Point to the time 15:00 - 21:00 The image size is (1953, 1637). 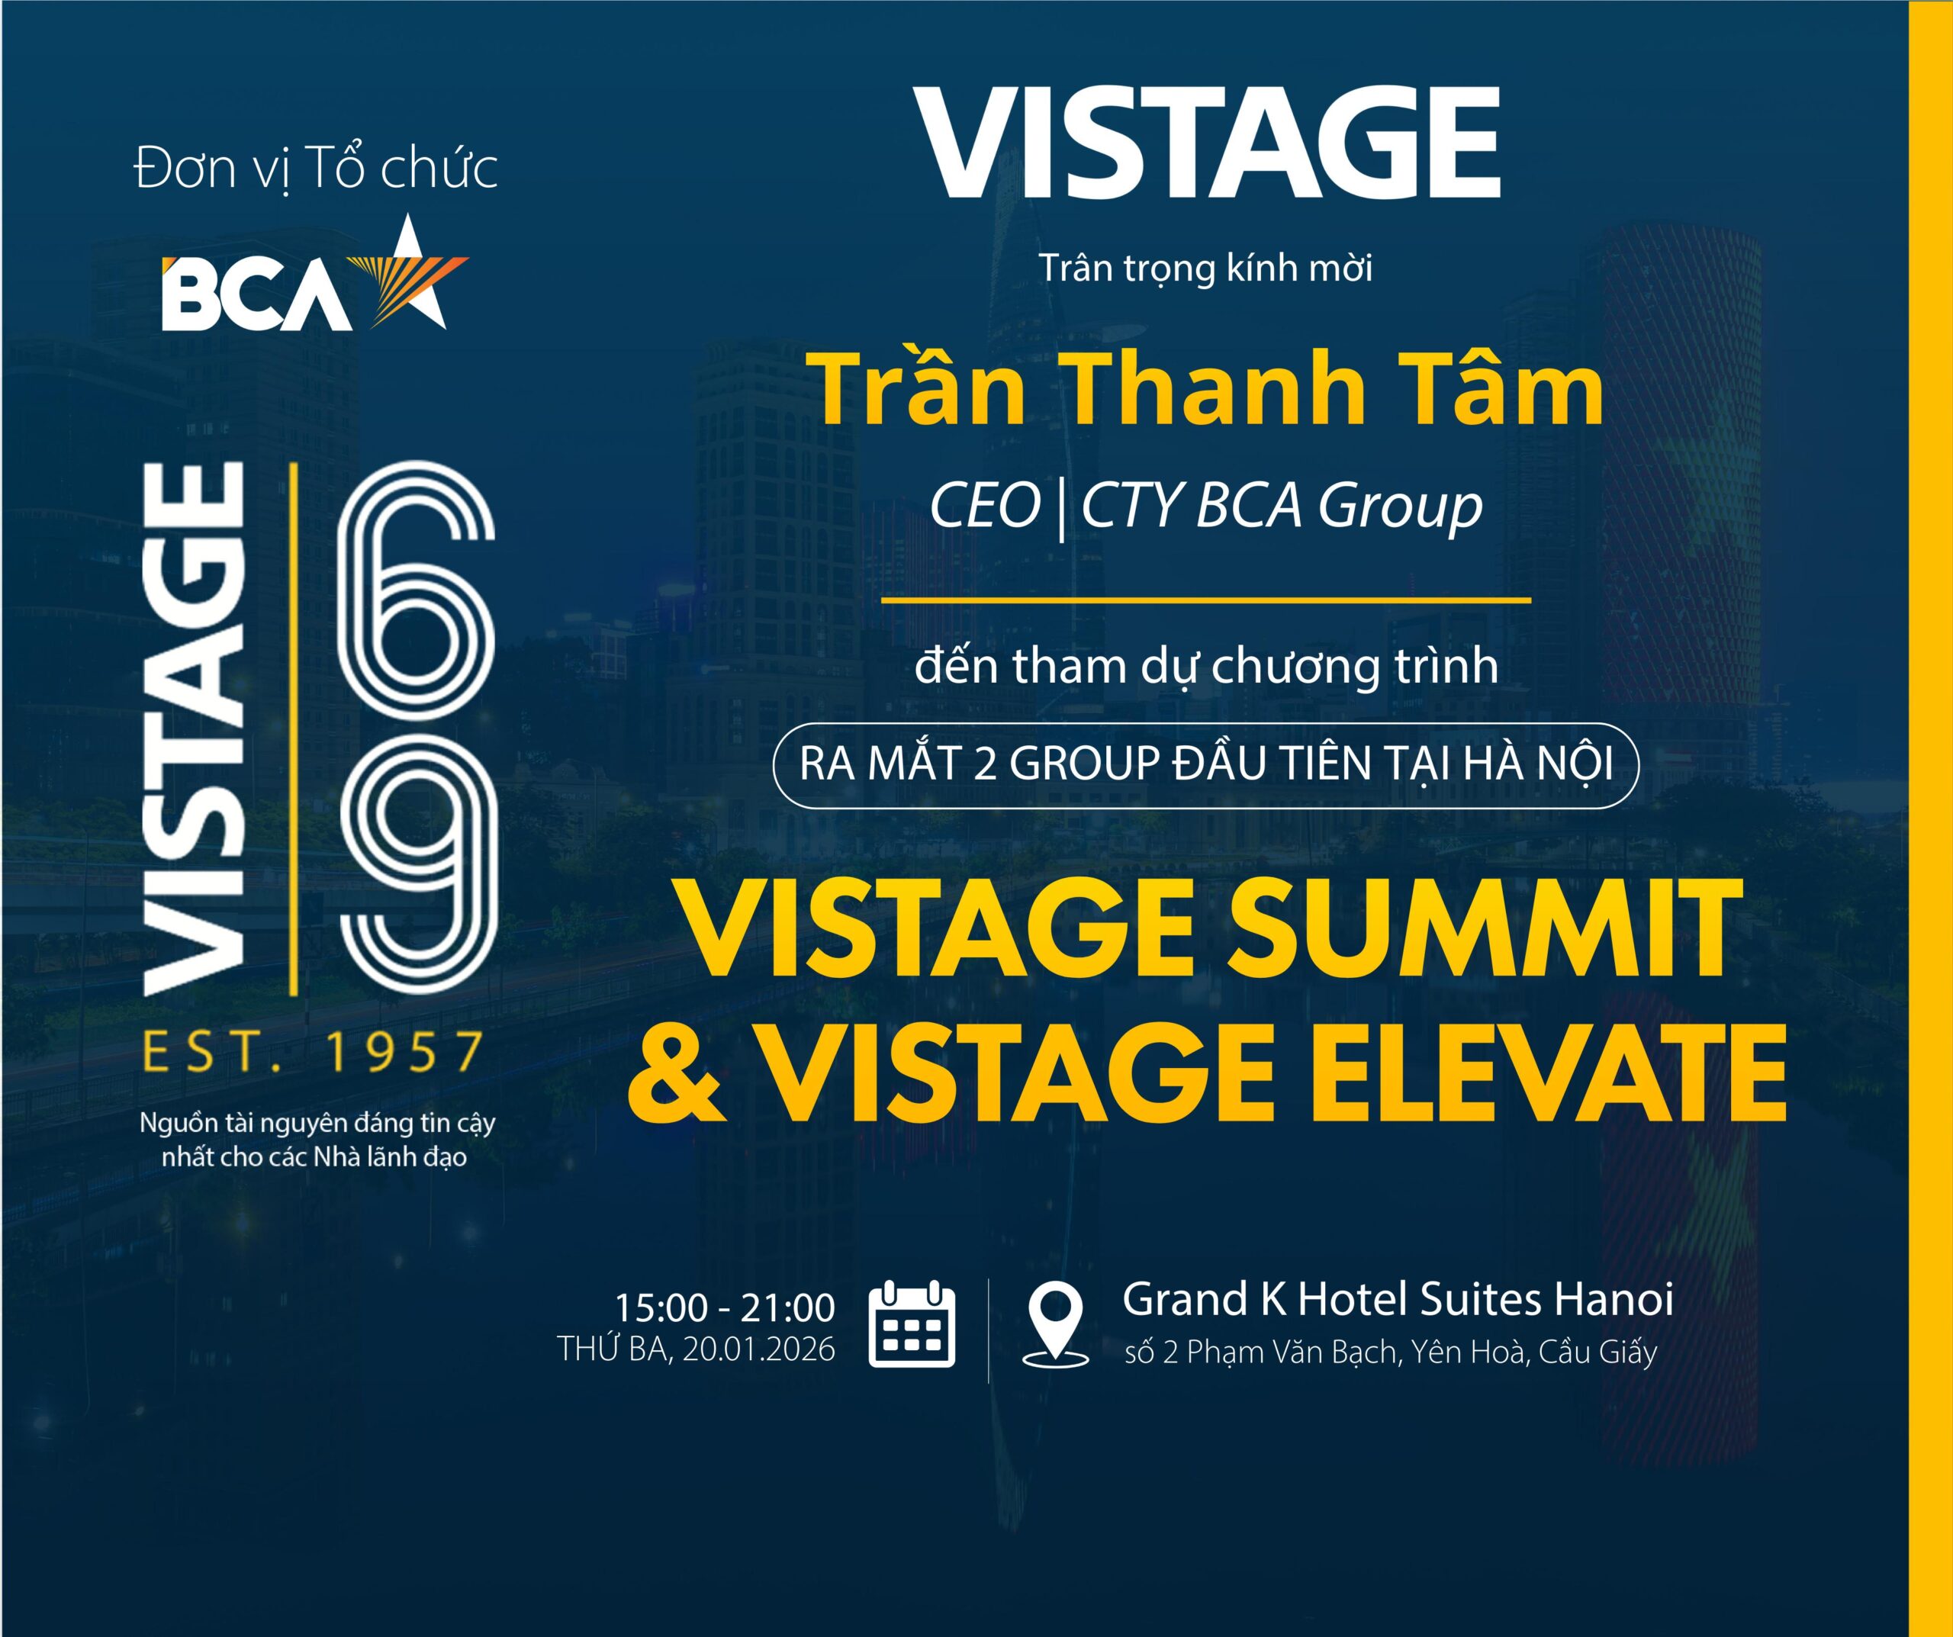(x=725, y=1307)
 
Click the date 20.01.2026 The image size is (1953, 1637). (x=759, y=1349)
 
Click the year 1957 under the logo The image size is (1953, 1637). (x=404, y=1052)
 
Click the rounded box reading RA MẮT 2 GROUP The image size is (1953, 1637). (x=1205, y=764)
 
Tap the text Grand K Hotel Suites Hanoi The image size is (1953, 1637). (x=1398, y=1299)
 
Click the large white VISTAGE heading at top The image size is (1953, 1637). (x=1207, y=144)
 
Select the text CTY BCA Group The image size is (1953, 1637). (x=1282, y=507)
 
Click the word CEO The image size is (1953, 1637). (x=985, y=507)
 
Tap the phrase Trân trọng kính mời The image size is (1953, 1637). (x=1206, y=269)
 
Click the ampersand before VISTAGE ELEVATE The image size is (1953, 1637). (x=676, y=1069)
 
